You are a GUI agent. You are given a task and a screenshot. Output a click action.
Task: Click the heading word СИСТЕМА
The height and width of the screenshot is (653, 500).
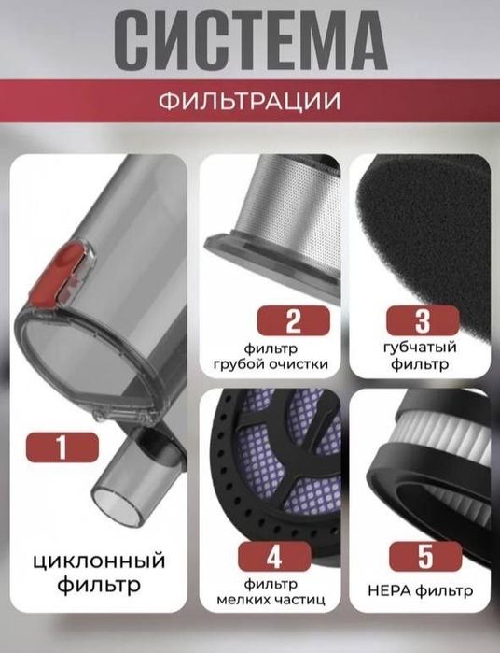pos(250,41)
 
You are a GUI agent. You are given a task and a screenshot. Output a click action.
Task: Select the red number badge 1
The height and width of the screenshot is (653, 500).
pos(62,447)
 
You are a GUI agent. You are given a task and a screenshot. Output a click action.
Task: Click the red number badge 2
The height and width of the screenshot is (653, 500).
pos(293,323)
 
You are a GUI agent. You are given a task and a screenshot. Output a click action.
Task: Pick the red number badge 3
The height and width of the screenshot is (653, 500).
pos(421,323)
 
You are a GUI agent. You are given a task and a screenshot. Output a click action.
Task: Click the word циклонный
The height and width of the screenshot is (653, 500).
pos(91,561)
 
